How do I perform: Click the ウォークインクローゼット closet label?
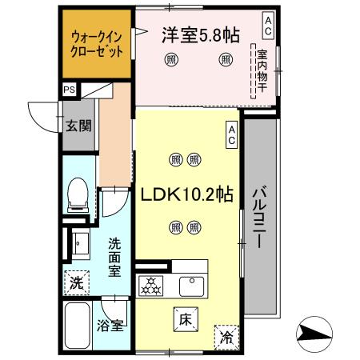97,43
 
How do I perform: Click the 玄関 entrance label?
78,125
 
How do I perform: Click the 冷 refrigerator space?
226,337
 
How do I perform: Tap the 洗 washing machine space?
76,282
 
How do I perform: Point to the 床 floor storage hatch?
184,321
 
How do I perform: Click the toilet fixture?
78,194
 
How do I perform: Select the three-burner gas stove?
151,285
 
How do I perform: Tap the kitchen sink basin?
193,285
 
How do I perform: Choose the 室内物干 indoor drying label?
262,70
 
